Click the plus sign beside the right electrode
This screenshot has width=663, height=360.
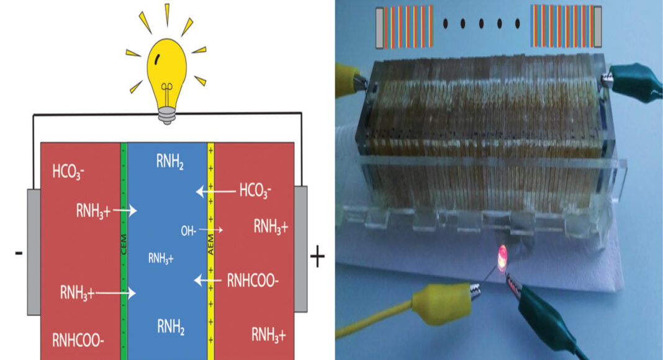pyautogui.click(x=317, y=256)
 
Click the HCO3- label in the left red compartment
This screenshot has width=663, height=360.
pyautogui.click(x=68, y=171)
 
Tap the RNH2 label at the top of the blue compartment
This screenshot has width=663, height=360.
pyautogui.click(x=169, y=163)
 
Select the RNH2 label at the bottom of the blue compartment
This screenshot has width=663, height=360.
pyautogui.click(x=169, y=323)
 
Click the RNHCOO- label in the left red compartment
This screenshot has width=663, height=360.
pyautogui.click(x=77, y=338)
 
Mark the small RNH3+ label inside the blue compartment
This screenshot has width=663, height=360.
pyautogui.click(x=160, y=259)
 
